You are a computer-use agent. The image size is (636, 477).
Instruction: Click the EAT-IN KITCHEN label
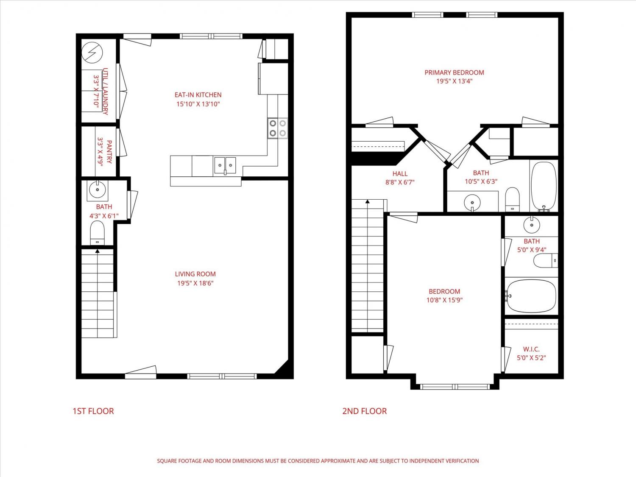(x=198, y=95)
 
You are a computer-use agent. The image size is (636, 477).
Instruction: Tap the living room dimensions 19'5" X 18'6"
(x=195, y=283)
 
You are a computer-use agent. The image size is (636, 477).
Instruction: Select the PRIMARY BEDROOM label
(x=455, y=73)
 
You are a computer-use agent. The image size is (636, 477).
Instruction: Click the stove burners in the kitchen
(x=278, y=128)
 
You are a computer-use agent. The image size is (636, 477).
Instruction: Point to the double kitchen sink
(x=225, y=165)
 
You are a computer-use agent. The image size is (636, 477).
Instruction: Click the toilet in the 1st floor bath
(x=97, y=233)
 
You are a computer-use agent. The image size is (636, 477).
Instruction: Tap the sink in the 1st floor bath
(x=98, y=190)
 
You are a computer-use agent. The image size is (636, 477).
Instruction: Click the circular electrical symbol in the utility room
(x=92, y=53)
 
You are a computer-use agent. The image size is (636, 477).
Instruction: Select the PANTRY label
(x=109, y=152)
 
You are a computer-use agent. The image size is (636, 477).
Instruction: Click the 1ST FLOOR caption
(x=93, y=411)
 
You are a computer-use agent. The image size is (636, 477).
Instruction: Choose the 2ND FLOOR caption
(x=365, y=411)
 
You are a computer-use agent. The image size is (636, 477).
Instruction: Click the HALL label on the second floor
(x=400, y=173)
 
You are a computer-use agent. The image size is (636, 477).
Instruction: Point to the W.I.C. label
(x=531, y=349)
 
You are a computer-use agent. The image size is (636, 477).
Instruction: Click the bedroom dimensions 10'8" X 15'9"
(x=444, y=300)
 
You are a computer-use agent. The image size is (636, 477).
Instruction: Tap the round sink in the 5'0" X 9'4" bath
(x=532, y=225)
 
